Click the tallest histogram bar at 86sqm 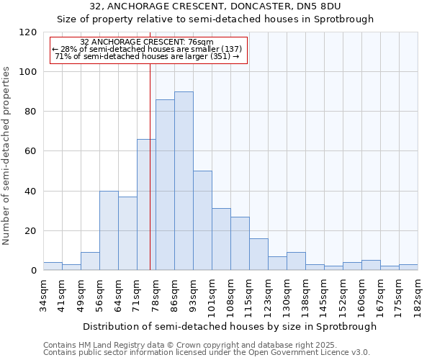coord(184,181)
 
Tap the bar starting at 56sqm coord(109,230)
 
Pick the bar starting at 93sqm coord(202,220)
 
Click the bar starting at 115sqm coord(258,254)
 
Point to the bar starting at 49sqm coord(90,261)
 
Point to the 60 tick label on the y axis coord(31,151)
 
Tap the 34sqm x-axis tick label coord(44,293)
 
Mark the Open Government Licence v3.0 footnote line coord(207,353)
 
